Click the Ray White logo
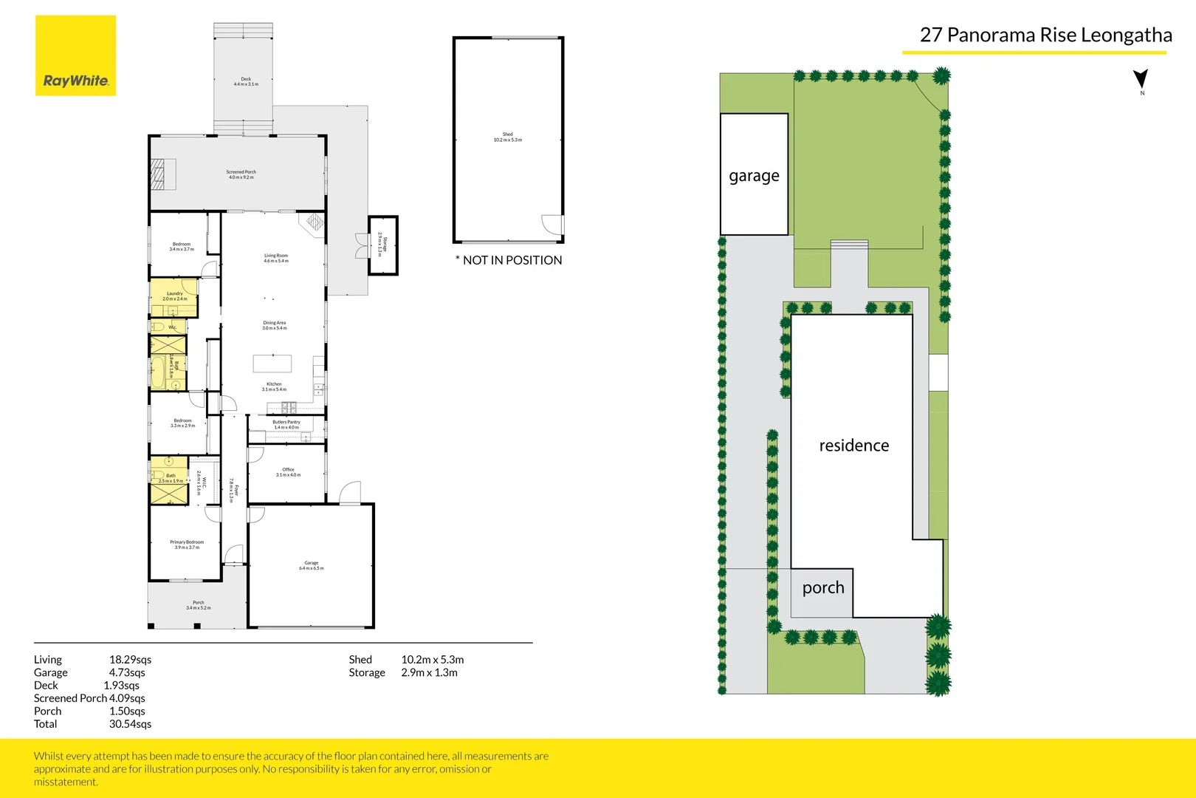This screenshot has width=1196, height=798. click(75, 56)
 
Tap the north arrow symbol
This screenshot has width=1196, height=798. click(1141, 79)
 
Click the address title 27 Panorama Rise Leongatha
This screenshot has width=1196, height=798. click(1045, 35)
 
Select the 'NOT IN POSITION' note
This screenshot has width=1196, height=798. click(509, 260)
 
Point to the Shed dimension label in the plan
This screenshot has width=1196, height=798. click(508, 137)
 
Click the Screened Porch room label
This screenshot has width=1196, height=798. click(241, 174)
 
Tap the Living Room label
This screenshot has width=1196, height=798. click(276, 258)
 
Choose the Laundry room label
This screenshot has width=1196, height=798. click(175, 296)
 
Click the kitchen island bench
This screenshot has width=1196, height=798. click(272, 363)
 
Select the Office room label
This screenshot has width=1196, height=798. click(288, 471)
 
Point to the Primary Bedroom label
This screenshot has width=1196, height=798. click(187, 545)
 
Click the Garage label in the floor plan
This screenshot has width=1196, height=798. click(312, 565)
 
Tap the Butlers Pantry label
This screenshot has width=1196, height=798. click(286, 424)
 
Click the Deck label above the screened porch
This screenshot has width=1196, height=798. click(246, 81)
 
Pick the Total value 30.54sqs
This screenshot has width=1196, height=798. click(130, 724)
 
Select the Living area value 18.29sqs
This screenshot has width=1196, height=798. click(130, 660)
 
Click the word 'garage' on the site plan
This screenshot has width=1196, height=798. click(754, 176)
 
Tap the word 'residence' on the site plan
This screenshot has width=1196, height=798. click(854, 446)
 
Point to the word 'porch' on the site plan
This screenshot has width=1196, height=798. click(823, 587)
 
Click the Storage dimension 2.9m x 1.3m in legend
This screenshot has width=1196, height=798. click(429, 672)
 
